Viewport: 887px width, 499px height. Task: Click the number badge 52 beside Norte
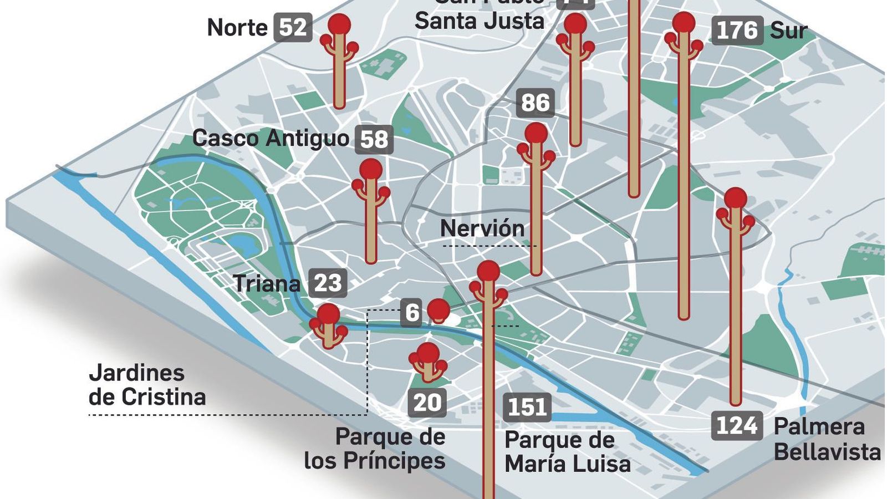[x=293, y=27]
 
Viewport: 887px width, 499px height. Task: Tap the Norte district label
[x=237, y=28]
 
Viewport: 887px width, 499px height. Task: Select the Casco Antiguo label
[x=271, y=138]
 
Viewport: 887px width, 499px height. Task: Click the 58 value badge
[x=374, y=140]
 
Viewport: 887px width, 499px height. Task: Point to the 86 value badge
[x=536, y=103]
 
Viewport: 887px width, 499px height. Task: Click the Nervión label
[x=482, y=228]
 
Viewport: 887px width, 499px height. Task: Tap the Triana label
[x=267, y=284]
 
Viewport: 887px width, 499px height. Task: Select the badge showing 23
[x=328, y=283]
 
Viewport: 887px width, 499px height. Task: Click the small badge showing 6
[x=412, y=313]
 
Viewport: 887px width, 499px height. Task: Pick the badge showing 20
[x=427, y=403]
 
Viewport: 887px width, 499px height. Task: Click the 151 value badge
[x=527, y=408]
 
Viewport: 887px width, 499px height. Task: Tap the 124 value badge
[x=737, y=426]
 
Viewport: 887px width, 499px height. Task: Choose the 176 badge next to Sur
[x=737, y=30]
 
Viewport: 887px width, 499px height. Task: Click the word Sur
[x=788, y=31]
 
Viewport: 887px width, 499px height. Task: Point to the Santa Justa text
[x=480, y=21]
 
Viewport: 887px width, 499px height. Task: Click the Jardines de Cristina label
[x=147, y=385]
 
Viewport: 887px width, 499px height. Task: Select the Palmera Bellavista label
[x=827, y=439]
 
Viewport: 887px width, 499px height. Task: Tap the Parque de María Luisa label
[x=567, y=452]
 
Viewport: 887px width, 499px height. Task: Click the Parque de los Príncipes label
[x=375, y=449]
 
